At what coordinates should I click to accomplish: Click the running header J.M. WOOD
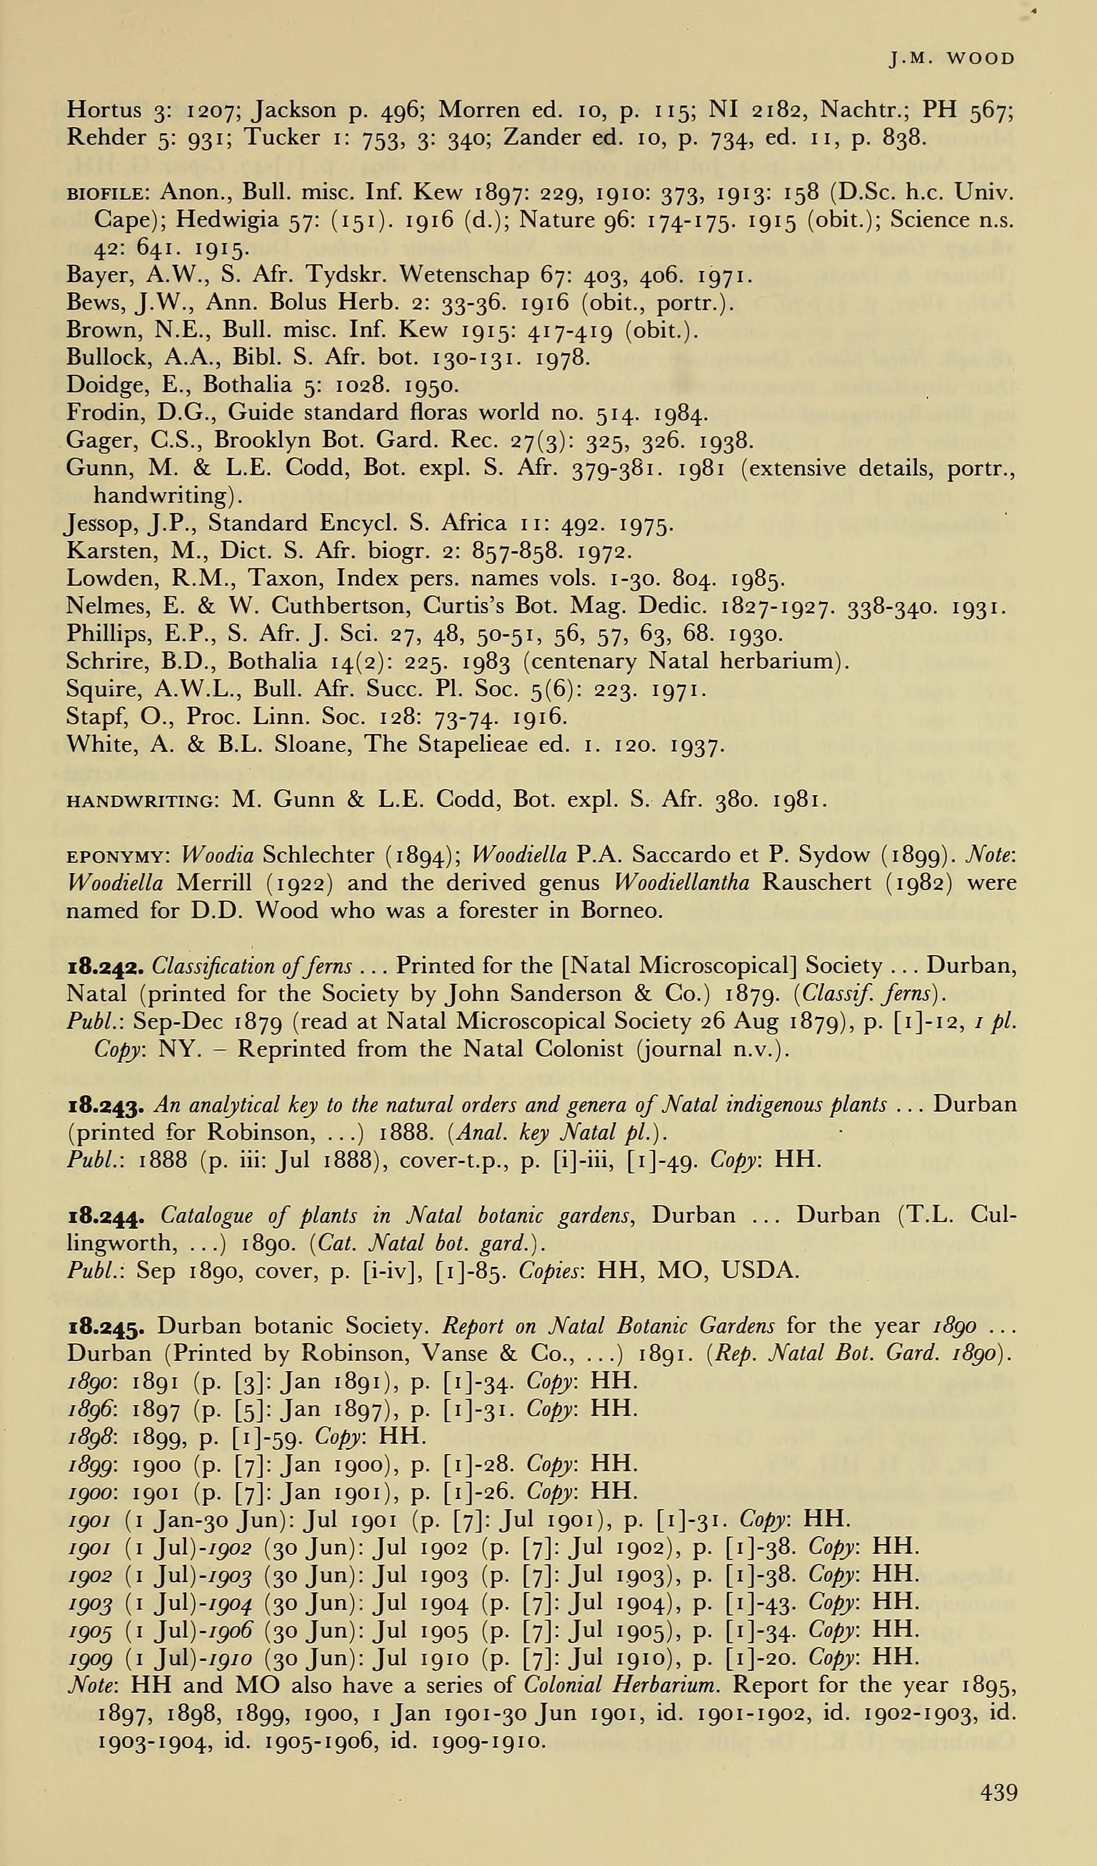952,59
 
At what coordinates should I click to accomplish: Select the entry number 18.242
106,966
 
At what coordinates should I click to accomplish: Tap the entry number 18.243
106,1106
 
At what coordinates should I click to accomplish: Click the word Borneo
625,910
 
